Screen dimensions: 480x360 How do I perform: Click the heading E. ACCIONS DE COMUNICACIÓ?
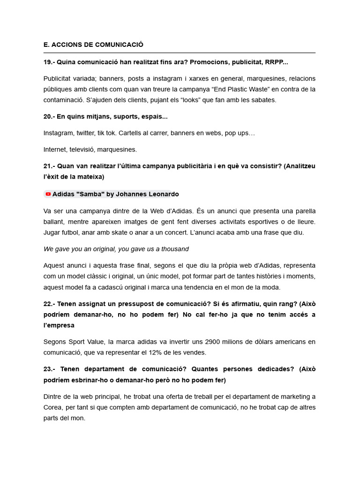[x=93, y=45]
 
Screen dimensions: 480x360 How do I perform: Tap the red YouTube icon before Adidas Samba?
[x=48, y=194]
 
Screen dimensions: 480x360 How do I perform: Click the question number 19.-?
[x=49, y=62]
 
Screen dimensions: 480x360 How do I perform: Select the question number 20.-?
[x=49, y=116]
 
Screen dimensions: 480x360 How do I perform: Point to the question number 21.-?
[x=49, y=166]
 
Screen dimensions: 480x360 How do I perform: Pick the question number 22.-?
[x=49, y=304]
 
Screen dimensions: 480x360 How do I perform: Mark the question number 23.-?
[x=49, y=369]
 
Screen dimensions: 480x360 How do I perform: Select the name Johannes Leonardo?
[x=149, y=194]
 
